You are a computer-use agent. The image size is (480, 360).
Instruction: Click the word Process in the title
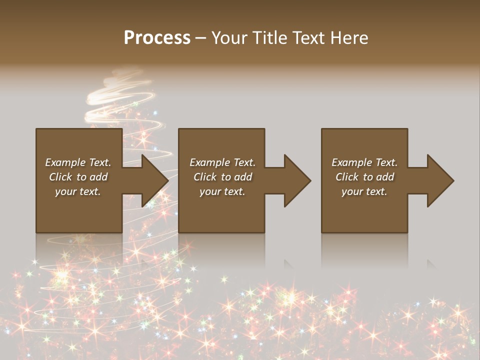click(x=157, y=38)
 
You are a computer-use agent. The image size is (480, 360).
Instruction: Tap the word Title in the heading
click(x=268, y=38)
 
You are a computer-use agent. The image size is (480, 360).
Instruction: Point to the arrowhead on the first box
click(x=152, y=180)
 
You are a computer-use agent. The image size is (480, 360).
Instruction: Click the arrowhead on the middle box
click(x=295, y=180)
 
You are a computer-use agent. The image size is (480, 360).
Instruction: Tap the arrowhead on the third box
click(x=438, y=180)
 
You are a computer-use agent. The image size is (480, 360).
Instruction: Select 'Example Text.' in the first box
click(x=78, y=162)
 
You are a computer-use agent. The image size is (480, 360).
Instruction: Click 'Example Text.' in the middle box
click(x=222, y=162)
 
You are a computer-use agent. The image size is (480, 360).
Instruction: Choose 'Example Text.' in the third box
click(x=364, y=162)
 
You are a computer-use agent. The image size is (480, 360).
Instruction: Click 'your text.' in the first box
click(x=78, y=191)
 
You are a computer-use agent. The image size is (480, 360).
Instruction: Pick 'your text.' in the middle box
click(x=222, y=191)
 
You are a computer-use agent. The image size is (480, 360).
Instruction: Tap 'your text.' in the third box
click(x=364, y=191)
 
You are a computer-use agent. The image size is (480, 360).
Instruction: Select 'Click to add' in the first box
click(x=78, y=177)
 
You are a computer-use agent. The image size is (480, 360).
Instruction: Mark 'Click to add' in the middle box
click(x=222, y=177)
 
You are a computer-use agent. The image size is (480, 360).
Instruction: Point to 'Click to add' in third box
click(x=364, y=177)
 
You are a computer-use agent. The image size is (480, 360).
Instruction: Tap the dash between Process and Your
click(x=200, y=38)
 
